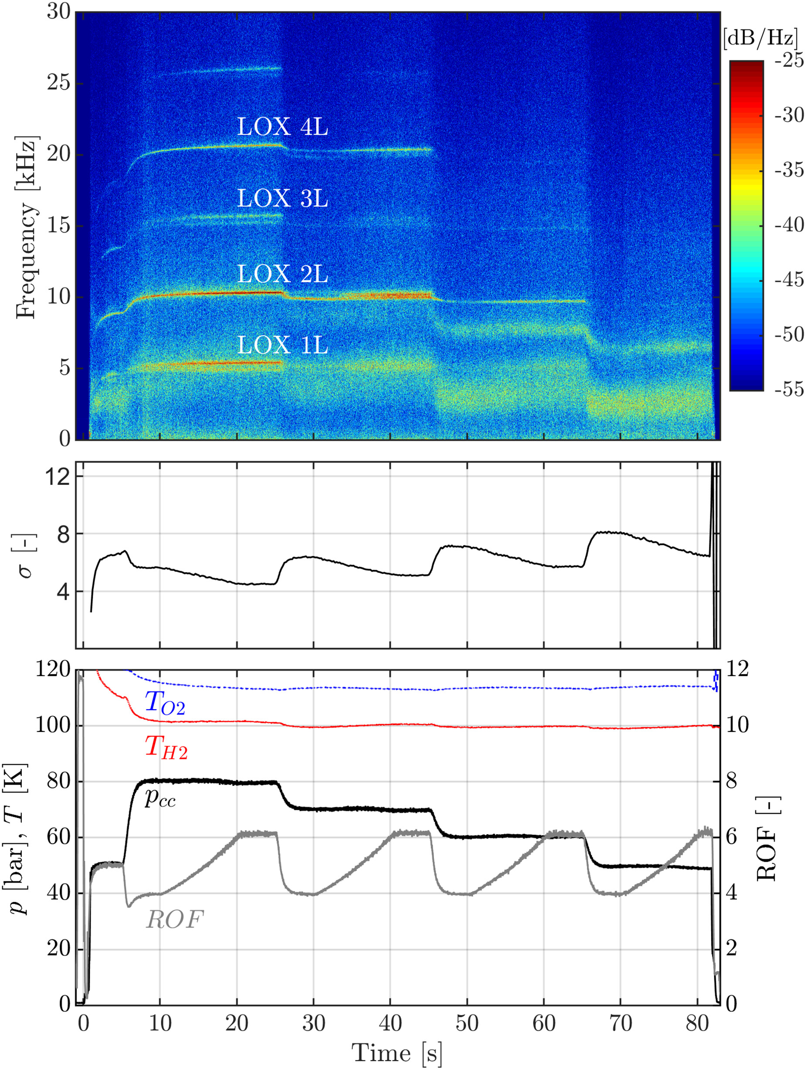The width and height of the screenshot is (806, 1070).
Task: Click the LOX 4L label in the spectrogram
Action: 282,127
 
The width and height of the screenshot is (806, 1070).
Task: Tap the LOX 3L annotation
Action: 282,198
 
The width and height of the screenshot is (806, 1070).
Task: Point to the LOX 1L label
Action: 282,345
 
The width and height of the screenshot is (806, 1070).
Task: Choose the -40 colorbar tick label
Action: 789,225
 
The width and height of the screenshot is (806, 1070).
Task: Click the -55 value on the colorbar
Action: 789,389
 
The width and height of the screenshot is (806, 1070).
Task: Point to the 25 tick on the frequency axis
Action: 58,83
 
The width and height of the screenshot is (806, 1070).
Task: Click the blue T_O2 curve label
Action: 165,703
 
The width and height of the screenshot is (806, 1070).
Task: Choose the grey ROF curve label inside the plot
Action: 175,919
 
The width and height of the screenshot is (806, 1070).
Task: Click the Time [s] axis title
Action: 397,1053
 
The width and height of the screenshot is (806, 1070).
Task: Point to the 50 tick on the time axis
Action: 467,1023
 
